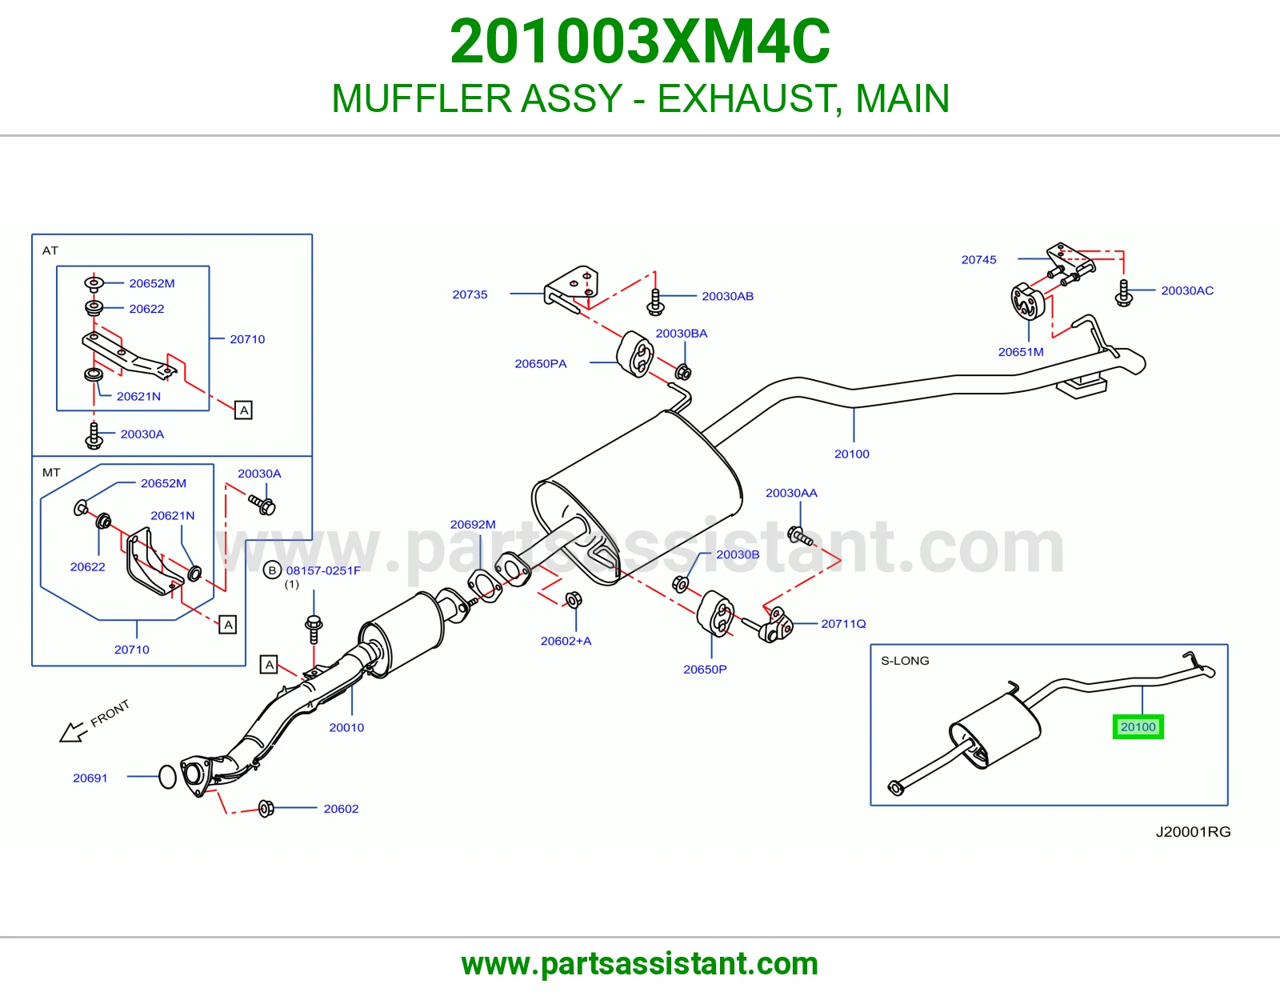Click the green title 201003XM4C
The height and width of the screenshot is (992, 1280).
[640, 42]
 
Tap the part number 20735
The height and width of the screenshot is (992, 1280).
[470, 294]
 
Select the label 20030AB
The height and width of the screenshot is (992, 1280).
[727, 296]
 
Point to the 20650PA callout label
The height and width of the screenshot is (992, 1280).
[541, 363]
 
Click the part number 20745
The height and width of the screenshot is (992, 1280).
[978, 260]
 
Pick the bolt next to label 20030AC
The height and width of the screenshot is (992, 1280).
[1123, 294]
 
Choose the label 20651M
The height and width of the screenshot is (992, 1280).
[1020, 352]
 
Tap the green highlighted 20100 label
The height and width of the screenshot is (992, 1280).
[1138, 726]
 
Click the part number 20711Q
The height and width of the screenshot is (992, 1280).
[843, 623]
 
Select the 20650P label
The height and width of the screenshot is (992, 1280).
[705, 669]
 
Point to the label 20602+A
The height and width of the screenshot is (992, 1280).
[566, 641]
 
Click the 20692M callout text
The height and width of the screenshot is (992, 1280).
[473, 524]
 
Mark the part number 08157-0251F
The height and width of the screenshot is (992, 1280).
[322, 570]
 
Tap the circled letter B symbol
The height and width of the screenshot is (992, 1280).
[271, 570]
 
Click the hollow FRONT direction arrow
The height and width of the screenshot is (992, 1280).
[73, 732]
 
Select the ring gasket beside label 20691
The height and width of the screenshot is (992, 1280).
[167, 776]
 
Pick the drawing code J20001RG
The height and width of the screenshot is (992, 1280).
[1193, 831]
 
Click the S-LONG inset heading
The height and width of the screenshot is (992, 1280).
[905, 660]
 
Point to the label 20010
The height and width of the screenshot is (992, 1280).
[346, 727]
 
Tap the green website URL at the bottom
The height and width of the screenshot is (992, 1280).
[640, 964]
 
